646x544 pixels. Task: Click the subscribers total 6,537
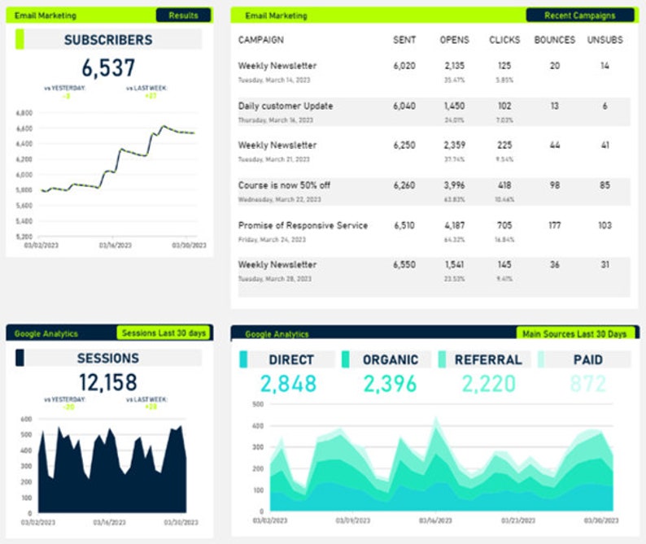pyautogui.click(x=108, y=67)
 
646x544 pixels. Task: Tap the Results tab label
pyautogui.click(x=183, y=15)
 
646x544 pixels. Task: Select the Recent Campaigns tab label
pyautogui.click(x=581, y=15)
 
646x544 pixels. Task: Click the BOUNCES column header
pyautogui.click(x=554, y=40)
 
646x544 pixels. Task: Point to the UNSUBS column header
pyautogui.click(x=605, y=40)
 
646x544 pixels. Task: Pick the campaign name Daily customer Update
pyautogui.click(x=286, y=106)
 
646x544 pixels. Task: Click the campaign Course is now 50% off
pyautogui.click(x=284, y=185)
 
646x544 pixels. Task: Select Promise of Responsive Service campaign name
pyautogui.click(x=303, y=225)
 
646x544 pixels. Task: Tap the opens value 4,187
pyautogui.click(x=454, y=225)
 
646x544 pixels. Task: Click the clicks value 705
pyautogui.click(x=504, y=225)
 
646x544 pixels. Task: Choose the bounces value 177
pyautogui.click(x=554, y=225)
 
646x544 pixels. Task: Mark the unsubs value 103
pyautogui.click(x=605, y=225)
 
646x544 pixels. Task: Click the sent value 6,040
pyautogui.click(x=404, y=106)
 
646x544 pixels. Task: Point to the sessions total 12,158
pyautogui.click(x=108, y=382)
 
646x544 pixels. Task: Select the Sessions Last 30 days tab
pyautogui.click(x=163, y=333)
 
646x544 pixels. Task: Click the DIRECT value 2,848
pyautogui.click(x=288, y=384)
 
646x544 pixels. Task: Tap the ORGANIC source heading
pyautogui.click(x=391, y=359)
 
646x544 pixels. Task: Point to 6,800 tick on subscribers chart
pyautogui.click(x=24, y=113)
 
